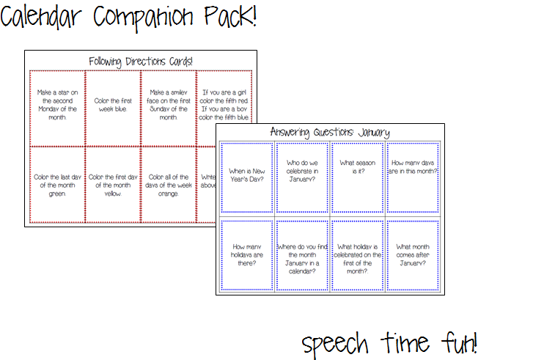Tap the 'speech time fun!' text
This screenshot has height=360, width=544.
[389, 342]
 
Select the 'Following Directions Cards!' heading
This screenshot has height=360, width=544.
[140, 62]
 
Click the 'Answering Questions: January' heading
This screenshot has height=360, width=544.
[329, 132]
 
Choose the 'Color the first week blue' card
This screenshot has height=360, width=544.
[113, 104]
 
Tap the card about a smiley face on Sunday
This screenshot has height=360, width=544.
[168, 104]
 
